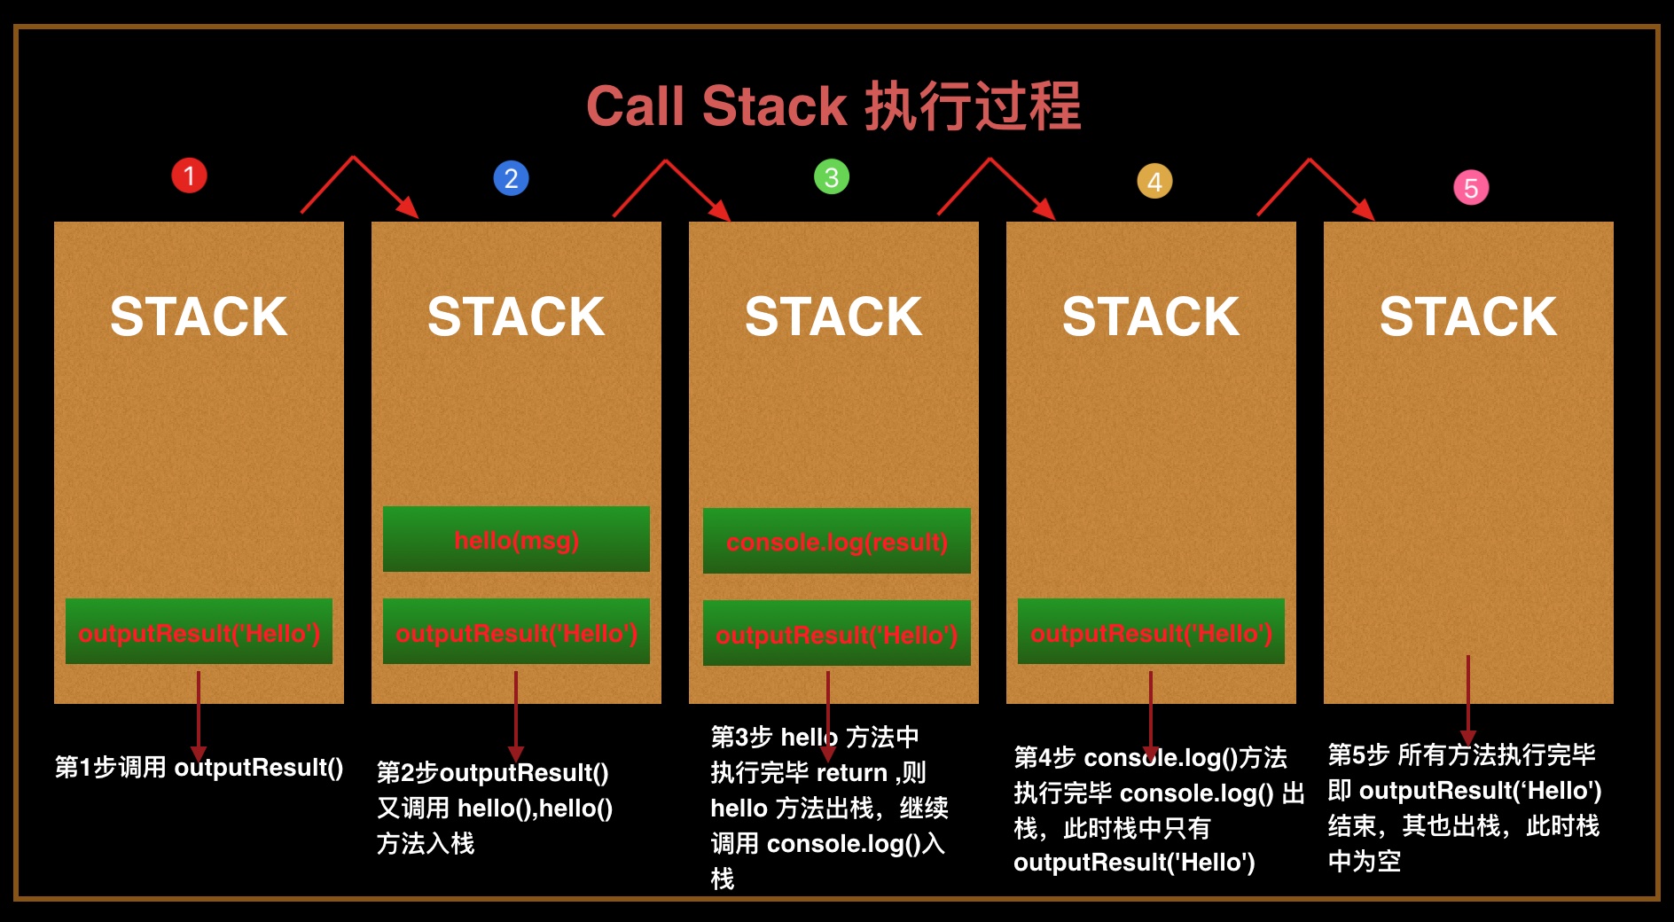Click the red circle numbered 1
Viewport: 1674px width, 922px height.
pyautogui.click(x=189, y=176)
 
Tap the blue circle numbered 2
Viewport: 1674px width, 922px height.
pyautogui.click(x=511, y=178)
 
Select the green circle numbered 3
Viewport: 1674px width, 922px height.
pyautogui.click(x=832, y=177)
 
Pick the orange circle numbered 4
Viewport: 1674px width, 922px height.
pyautogui.click(x=1154, y=182)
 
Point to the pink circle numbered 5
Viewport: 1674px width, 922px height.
pyautogui.click(x=1471, y=188)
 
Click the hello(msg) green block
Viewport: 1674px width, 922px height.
pyautogui.click(x=516, y=539)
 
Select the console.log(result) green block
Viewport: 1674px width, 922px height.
pyautogui.click(x=836, y=541)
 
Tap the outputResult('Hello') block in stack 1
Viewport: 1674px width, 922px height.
pyautogui.click(x=199, y=632)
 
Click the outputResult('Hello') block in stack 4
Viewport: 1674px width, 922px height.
pyautogui.click(x=1151, y=632)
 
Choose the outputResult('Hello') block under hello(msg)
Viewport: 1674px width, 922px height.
pyautogui.click(x=516, y=632)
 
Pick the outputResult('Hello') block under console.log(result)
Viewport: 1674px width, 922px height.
pyautogui.click(x=836, y=634)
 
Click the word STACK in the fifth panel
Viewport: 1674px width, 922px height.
pyautogui.click(x=1467, y=316)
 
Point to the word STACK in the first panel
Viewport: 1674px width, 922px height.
pyautogui.click(x=199, y=316)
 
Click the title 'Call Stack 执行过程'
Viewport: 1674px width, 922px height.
pyautogui.click(x=833, y=106)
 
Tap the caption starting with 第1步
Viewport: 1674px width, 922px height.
pyautogui.click(x=199, y=768)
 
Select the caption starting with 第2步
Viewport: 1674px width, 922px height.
pyautogui.click(x=495, y=808)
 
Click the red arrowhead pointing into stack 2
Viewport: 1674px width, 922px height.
pyautogui.click(x=409, y=208)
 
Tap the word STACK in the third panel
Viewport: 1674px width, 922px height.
pyautogui.click(x=833, y=316)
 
